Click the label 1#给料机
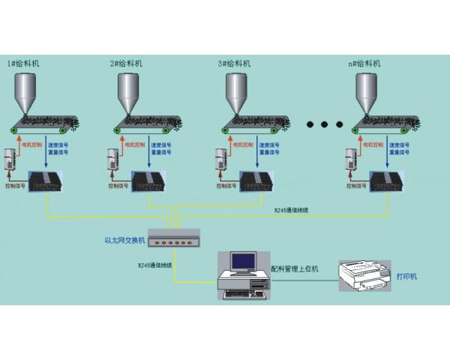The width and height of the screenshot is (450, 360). click(x=23, y=64)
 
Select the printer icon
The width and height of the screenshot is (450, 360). click(x=366, y=278)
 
